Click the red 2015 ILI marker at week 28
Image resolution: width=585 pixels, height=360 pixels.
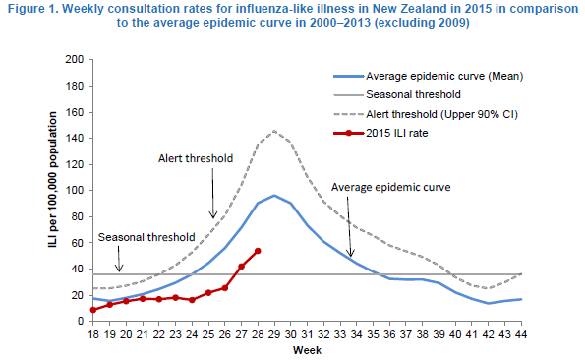[258, 251]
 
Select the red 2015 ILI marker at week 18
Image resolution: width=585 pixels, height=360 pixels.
[93, 310]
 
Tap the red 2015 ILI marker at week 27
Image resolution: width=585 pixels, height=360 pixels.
[241, 267]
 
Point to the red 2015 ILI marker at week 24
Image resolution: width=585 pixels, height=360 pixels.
[192, 300]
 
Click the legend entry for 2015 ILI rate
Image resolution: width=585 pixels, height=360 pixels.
[380, 133]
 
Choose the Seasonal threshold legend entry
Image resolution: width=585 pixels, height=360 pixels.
[397, 94]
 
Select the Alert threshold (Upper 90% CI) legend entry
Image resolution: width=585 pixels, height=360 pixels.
[426, 114]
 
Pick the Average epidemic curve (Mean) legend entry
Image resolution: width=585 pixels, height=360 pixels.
[429, 76]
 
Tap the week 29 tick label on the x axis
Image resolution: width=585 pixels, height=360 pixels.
[274, 334]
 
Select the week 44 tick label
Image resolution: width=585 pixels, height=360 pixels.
[521, 334]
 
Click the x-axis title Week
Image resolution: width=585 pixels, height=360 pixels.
[307, 351]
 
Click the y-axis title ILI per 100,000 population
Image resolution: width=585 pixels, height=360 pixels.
[53, 179]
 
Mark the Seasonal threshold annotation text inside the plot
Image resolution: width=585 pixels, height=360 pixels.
[146, 237]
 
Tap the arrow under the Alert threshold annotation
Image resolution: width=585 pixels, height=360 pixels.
[213, 193]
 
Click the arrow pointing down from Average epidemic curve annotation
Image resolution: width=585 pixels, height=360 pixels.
[349, 226]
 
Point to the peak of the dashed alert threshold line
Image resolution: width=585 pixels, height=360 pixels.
[274, 131]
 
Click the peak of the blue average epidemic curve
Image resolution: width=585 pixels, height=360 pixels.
[274, 195]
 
